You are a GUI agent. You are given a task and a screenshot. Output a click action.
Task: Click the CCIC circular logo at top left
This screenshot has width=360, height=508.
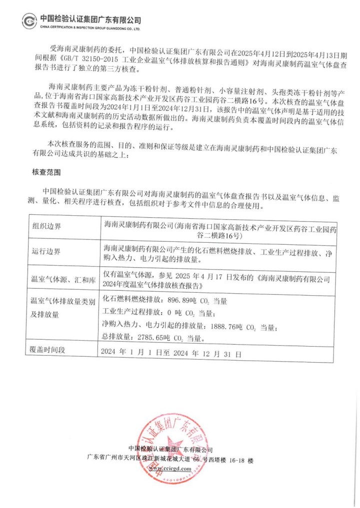tap(29, 22)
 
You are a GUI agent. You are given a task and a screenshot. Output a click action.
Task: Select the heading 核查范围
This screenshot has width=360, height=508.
tap(46, 172)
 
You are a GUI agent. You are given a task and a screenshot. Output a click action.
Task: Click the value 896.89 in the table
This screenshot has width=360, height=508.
tap(176, 301)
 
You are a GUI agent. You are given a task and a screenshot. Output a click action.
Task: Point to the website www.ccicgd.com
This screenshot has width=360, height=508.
tap(170, 469)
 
